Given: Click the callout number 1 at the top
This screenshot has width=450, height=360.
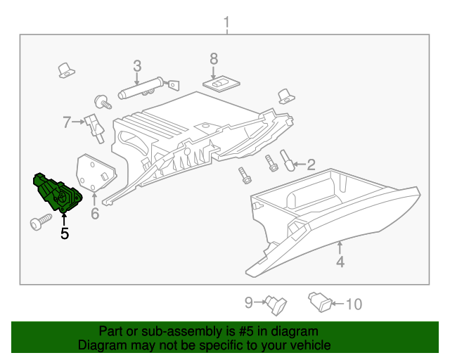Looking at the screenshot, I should pyautogui.click(x=226, y=23).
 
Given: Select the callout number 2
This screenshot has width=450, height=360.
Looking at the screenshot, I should pyautogui.click(x=310, y=165).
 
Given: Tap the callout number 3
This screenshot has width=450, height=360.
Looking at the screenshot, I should pyautogui.click(x=137, y=66).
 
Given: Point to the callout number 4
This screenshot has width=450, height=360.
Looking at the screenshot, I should pyautogui.click(x=340, y=262).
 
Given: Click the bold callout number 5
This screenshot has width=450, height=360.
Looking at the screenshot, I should pyautogui.click(x=65, y=233).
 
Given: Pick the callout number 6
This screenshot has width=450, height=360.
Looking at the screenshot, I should pyautogui.click(x=95, y=212).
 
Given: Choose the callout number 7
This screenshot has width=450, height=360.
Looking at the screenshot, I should pyautogui.click(x=67, y=122).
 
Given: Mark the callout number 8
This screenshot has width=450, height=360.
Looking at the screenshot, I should pyautogui.click(x=214, y=58).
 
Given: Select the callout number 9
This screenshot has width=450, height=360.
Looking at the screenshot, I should pyautogui.click(x=248, y=303).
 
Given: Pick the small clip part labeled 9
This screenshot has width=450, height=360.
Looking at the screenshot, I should pyautogui.click(x=275, y=303).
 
